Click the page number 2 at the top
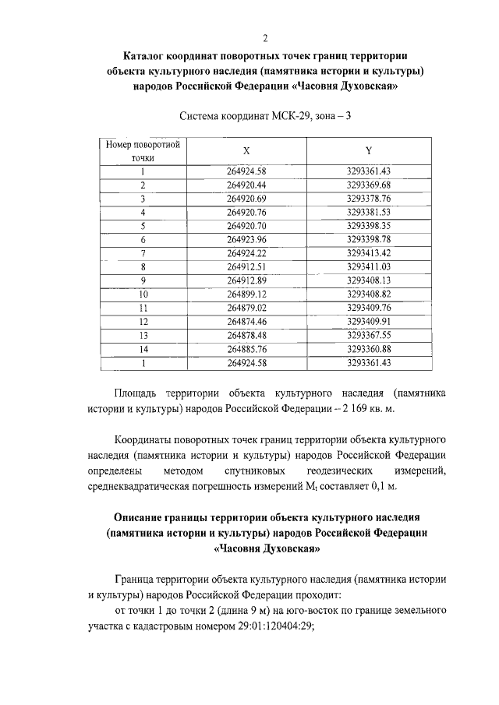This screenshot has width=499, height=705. pyautogui.click(x=265, y=37)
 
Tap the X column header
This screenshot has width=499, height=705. pyautogui.click(x=246, y=151)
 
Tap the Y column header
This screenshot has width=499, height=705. pyautogui.click(x=368, y=151)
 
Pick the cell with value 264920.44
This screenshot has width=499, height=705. pyautogui.click(x=246, y=185)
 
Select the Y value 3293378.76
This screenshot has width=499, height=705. pyautogui.click(x=368, y=198)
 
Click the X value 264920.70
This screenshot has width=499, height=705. pyautogui.click(x=246, y=225)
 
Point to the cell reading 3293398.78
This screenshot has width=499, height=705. pyautogui.click(x=368, y=239)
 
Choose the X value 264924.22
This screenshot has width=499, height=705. pyautogui.click(x=246, y=253)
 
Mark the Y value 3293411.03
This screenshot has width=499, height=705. pyautogui.click(x=368, y=266)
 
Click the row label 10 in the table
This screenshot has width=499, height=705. pyautogui.click(x=143, y=294)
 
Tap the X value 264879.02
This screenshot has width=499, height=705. pyautogui.click(x=246, y=308)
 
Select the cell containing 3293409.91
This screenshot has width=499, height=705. pyautogui.click(x=368, y=321)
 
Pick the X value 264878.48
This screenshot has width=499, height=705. pyautogui.click(x=246, y=335)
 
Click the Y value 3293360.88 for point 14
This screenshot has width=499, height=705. pyautogui.click(x=368, y=348)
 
